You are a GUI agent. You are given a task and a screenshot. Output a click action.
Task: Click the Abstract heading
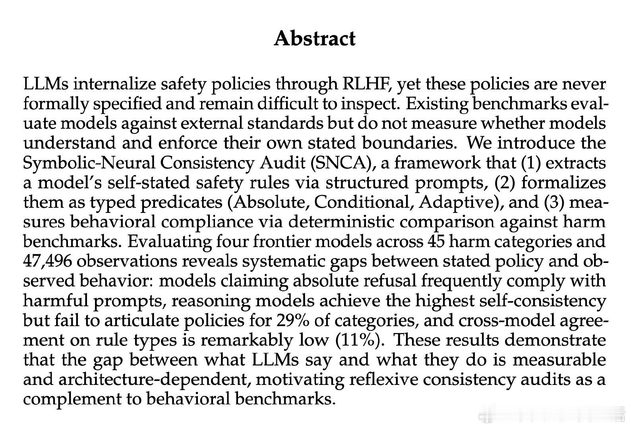[x=315, y=39]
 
